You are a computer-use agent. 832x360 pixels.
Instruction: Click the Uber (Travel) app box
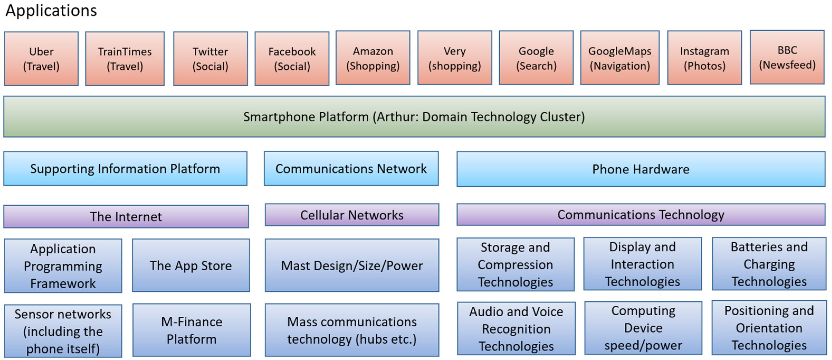pyautogui.click(x=41, y=59)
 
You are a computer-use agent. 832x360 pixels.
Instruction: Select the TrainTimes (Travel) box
pyautogui.click(x=125, y=59)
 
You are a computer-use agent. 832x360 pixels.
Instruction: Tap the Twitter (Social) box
pyautogui.click(x=210, y=59)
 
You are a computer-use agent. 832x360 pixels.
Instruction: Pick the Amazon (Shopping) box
pyautogui.click(x=373, y=58)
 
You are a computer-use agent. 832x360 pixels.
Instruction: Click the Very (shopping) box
pyautogui.click(x=455, y=58)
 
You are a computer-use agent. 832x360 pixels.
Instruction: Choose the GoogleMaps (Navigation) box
pyautogui.click(x=619, y=58)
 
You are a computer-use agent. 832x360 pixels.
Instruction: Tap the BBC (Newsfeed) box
pyautogui.click(x=787, y=57)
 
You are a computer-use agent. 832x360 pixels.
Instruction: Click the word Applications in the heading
pyautogui.click(x=51, y=10)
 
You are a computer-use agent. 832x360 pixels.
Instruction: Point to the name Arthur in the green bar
pyautogui.click(x=396, y=117)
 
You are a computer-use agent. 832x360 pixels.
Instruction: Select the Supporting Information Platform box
pyautogui.click(x=125, y=169)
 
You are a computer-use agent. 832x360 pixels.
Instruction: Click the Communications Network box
pyautogui.click(x=351, y=168)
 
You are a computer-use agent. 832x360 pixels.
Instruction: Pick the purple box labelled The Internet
pyautogui.click(x=126, y=216)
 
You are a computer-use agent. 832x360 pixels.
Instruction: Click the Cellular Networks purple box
pyautogui.click(x=352, y=215)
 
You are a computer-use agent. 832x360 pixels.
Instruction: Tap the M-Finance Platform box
pyautogui.click(x=192, y=330)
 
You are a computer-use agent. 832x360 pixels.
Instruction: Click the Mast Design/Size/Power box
pyautogui.click(x=352, y=265)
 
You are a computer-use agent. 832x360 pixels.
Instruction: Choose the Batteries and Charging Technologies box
pyautogui.click(x=769, y=264)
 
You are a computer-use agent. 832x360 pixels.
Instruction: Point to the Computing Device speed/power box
pyautogui.click(x=643, y=328)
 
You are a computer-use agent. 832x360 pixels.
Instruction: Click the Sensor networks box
pyautogui.click(x=63, y=331)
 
